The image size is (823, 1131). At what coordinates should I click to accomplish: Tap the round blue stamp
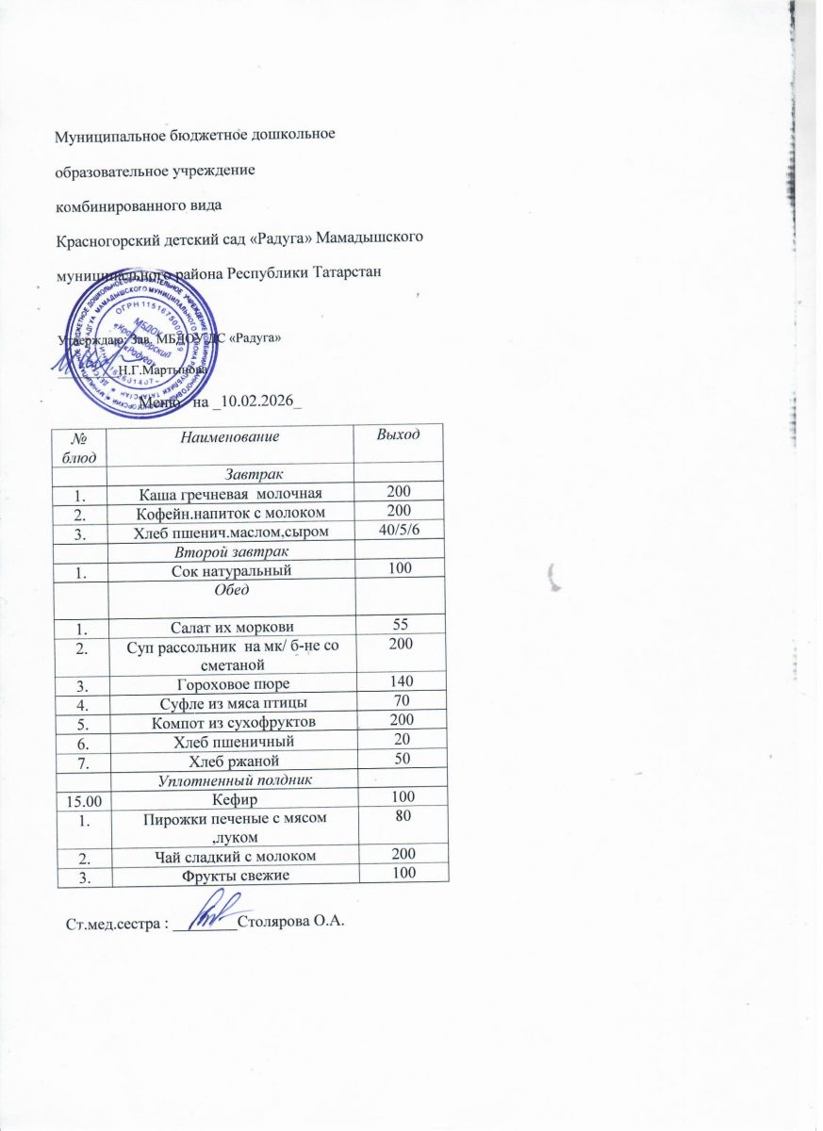tap(155, 348)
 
